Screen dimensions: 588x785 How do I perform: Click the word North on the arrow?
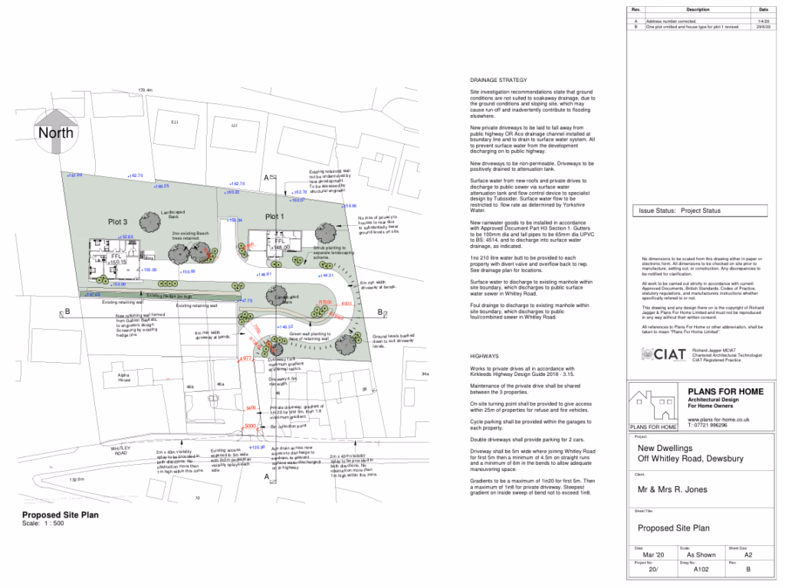(57, 132)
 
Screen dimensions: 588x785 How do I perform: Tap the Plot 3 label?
(117, 221)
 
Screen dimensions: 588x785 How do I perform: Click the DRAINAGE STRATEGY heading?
(498, 80)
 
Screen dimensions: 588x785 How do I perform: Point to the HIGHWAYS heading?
(484, 356)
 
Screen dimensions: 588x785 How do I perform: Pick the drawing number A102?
(701, 570)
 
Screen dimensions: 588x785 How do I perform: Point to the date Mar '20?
(649, 555)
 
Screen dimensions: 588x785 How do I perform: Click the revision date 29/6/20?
(764, 27)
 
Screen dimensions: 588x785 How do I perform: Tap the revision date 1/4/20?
(764, 21)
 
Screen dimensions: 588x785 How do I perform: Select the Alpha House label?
(123, 377)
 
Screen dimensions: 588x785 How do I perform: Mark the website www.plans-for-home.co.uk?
(718, 420)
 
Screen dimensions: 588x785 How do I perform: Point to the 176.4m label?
(146, 90)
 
